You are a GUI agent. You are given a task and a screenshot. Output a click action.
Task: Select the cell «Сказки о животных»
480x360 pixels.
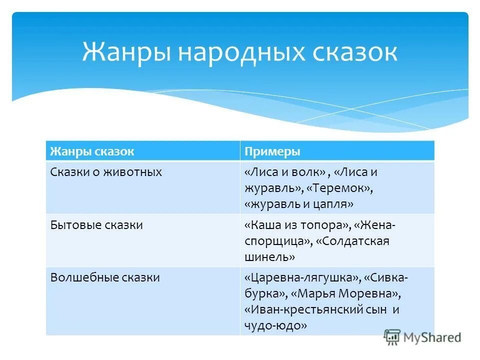pos(106,172)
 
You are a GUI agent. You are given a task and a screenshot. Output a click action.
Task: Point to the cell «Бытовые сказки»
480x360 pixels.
pos(96,225)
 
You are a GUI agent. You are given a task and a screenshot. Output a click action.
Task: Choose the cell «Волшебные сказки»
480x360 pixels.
pos(105,277)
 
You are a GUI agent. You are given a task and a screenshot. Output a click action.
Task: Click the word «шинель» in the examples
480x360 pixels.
pos(270,257)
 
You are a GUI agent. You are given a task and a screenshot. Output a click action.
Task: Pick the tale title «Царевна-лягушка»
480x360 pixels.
pos(302,277)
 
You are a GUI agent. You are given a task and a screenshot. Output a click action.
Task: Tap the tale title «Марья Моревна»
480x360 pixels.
pos(346,293)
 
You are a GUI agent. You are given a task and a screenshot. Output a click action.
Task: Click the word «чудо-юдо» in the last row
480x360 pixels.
pos(275,325)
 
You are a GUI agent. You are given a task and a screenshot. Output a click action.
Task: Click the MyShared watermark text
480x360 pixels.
pos(432,337)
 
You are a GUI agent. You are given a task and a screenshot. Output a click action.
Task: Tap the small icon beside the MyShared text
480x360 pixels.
pos(392,338)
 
